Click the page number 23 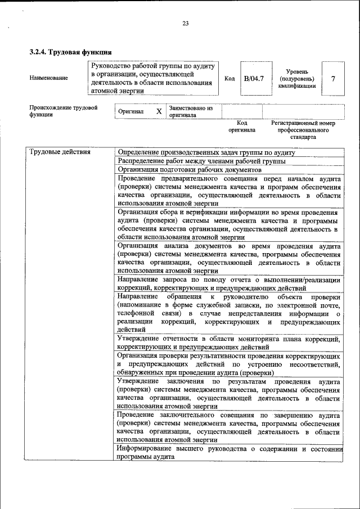(186, 23)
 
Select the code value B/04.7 (254, 78)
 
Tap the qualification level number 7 (334, 78)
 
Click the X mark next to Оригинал (159, 111)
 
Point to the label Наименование (48, 78)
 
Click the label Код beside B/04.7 (229, 78)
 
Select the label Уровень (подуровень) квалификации (296, 79)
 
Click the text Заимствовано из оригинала (191, 111)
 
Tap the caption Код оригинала (242, 126)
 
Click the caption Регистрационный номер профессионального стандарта (303, 129)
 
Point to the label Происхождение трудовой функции (64, 110)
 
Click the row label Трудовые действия (60, 152)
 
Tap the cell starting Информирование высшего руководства (229, 453)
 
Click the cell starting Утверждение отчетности (229, 343)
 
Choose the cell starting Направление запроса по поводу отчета (229, 283)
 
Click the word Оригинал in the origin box (130, 111)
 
